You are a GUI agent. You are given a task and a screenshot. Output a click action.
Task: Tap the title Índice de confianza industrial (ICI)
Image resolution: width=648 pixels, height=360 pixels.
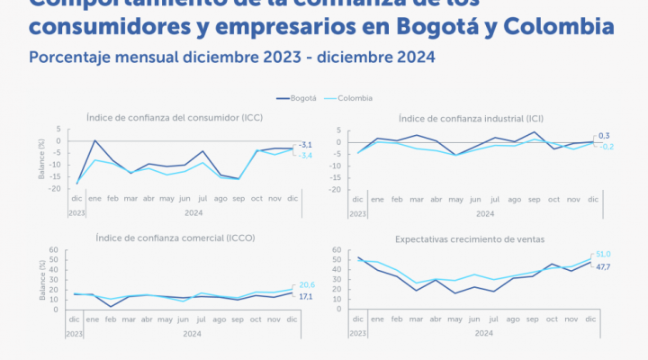[x=476, y=118]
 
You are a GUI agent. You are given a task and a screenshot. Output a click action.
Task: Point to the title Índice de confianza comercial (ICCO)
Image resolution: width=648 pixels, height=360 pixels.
[x=159, y=238]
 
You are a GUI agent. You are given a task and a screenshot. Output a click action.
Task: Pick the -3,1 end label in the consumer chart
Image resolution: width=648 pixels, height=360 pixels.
[x=305, y=145]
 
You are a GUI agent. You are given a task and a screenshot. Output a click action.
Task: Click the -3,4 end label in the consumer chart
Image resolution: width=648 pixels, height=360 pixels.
[x=305, y=156]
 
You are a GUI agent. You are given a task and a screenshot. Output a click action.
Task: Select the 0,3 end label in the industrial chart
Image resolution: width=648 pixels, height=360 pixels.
[x=604, y=135]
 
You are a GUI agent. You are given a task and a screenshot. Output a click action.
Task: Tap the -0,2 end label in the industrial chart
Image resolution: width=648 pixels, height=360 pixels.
[x=605, y=147]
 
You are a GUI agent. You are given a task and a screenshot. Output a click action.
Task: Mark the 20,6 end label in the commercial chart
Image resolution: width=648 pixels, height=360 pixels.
[x=307, y=284]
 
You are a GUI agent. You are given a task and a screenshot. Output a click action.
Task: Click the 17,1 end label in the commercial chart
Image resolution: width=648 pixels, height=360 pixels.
[x=307, y=297]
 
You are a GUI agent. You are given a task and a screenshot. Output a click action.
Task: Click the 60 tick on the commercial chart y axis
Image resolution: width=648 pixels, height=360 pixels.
[x=54, y=249]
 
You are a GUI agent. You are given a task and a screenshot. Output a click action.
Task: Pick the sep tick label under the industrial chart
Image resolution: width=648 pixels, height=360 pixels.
[x=533, y=199]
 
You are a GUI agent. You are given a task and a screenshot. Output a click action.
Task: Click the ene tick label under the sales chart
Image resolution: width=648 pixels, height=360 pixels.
[x=378, y=319]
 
